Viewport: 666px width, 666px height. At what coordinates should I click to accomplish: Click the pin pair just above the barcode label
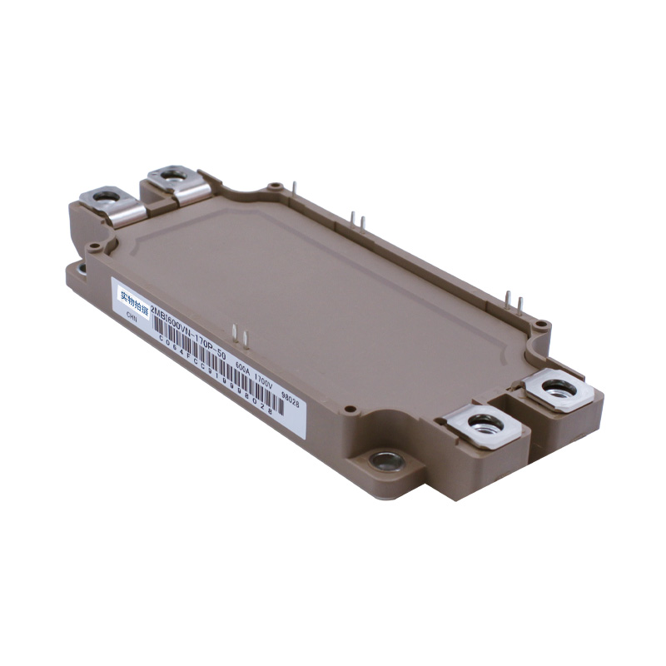[x=240, y=335]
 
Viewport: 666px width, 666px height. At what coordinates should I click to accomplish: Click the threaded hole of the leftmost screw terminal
[x=106, y=196]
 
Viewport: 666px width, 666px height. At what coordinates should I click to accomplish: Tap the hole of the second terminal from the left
[x=172, y=175]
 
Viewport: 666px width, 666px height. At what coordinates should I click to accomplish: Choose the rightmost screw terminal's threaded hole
[x=558, y=387]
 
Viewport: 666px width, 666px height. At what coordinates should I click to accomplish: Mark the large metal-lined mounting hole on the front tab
[x=386, y=460]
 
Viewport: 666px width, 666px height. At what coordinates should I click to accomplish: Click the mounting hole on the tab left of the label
[x=82, y=269]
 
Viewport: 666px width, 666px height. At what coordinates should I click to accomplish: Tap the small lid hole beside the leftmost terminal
[x=95, y=246]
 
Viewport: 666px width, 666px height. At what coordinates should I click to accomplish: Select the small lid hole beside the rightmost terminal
[x=541, y=324]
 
